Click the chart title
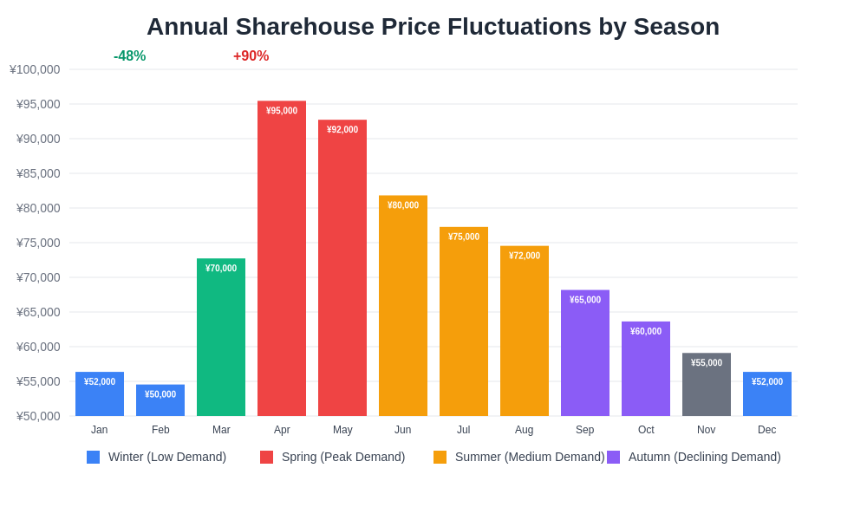pos(433,27)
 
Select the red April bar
pos(282,260)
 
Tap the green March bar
pos(221,338)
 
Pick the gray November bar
pos(707,386)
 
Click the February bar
pos(160,401)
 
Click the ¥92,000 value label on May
pos(342,130)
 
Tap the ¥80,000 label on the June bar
pos(403,205)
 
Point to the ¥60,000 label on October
pos(646,331)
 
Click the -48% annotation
pos(129,56)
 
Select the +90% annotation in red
pos(251,56)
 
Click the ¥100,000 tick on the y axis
pos(35,69)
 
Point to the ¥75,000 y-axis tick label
pos(38,243)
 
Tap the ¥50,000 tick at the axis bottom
pos(38,416)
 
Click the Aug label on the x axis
pos(525,430)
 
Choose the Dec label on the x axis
pos(767,430)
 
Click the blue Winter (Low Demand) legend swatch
pos(93,457)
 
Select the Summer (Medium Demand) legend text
pos(530,457)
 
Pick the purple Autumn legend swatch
pos(613,457)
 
